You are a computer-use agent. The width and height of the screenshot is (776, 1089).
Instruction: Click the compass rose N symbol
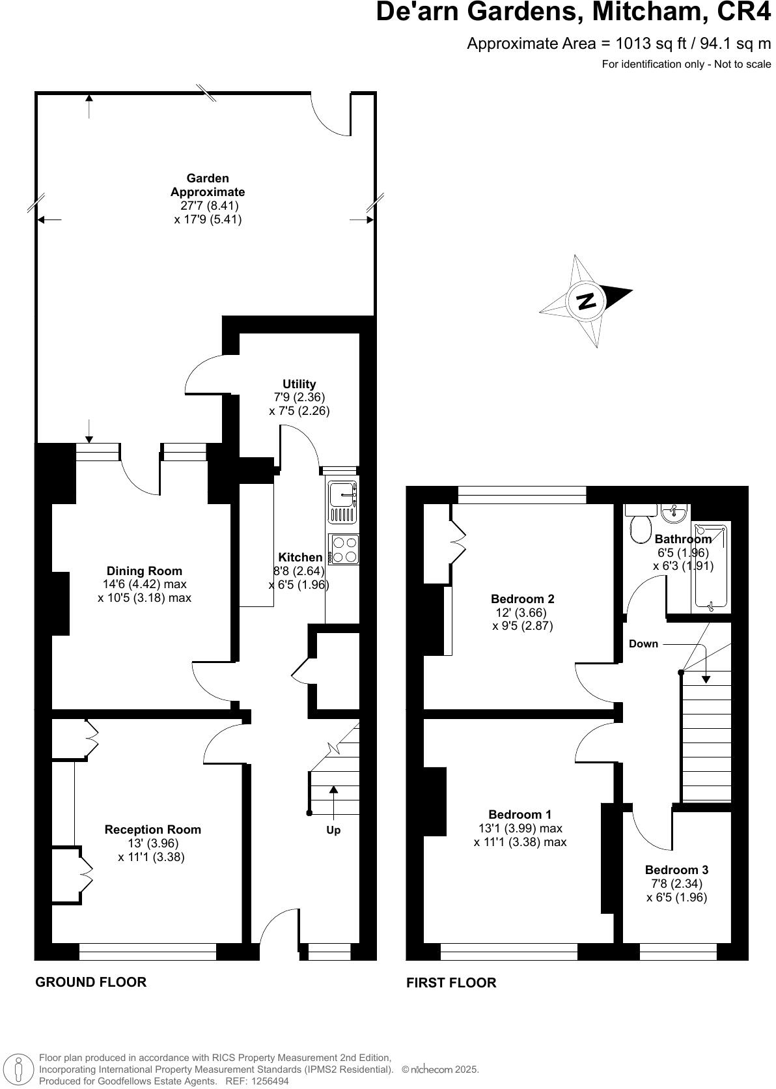click(587, 300)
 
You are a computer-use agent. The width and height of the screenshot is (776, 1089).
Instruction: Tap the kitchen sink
click(343, 502)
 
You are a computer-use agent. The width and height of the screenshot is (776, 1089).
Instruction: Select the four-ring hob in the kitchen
click(344, 548)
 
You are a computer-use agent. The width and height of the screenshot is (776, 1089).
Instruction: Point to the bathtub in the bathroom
click(710, 567)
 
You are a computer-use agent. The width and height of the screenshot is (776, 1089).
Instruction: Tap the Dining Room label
click(145, 571)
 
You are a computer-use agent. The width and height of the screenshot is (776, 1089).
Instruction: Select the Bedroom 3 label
click(676, 870)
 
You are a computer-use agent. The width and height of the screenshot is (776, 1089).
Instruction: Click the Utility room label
click(299, 384)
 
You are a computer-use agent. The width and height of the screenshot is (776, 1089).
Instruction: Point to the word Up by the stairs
click(333, 830)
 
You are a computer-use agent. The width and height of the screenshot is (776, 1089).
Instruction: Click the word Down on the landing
click(643, 643)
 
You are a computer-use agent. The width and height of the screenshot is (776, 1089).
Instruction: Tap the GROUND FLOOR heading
click(90, 982)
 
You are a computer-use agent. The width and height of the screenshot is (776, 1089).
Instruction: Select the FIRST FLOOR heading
click(451, 982)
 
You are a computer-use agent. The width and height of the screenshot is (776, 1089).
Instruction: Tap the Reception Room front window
click(148, 952)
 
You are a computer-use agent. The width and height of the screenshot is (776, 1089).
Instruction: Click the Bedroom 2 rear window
click(522, 495)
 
